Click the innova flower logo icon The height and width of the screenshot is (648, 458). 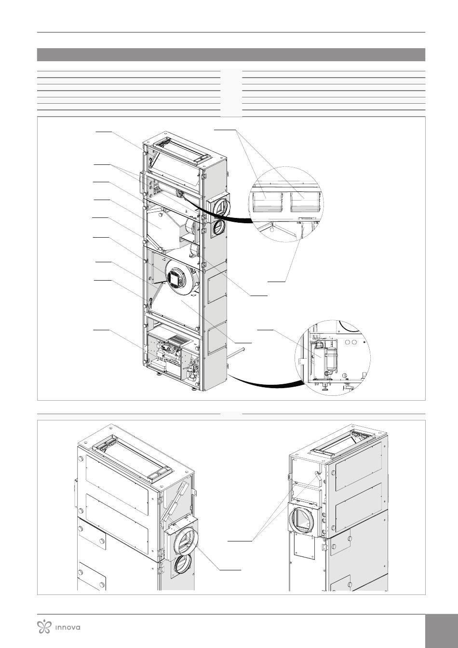click(x=44, y=627)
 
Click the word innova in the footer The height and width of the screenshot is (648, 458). click(x=67, y=627)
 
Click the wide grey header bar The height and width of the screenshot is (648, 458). click(x=231, y=54)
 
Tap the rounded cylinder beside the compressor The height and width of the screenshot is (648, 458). click(x=331, y=359)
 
